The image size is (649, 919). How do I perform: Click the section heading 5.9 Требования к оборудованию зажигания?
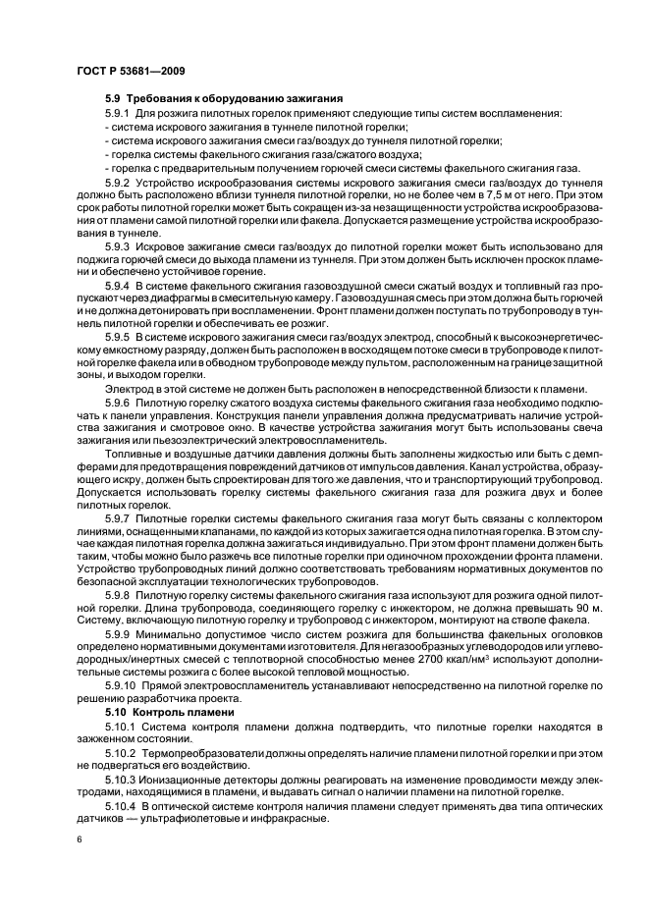(x=223, y=99)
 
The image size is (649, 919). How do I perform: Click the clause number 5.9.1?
(x=118, y=114)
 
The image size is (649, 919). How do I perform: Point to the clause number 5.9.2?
(x=118, y=184)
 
